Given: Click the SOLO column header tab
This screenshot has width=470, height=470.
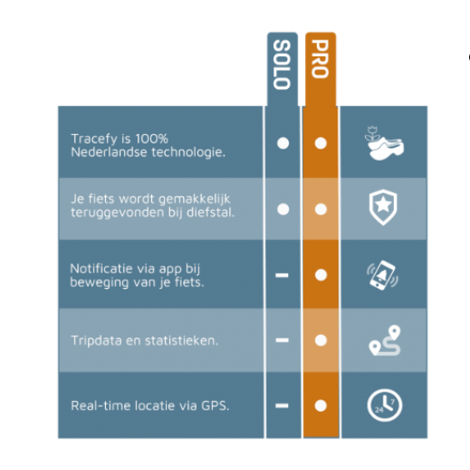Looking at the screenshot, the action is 282,69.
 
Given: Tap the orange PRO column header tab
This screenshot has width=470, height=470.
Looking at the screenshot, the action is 320,69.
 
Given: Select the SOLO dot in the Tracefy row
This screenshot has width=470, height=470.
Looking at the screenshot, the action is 283,143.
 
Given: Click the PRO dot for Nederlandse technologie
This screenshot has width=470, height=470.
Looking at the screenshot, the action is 320,143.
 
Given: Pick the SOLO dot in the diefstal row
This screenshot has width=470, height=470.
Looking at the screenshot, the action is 283,209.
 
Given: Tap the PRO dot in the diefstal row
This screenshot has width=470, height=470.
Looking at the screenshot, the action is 320,209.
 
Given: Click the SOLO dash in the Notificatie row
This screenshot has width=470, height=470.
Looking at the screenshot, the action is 282,275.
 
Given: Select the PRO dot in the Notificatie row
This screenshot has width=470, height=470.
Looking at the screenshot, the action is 320,275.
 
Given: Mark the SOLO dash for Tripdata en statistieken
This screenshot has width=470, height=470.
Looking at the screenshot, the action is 282,340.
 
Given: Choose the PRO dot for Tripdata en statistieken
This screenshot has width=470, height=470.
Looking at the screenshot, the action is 320,340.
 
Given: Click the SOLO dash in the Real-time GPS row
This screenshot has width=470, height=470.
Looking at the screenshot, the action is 282,406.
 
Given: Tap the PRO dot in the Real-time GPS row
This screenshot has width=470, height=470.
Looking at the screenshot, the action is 320,406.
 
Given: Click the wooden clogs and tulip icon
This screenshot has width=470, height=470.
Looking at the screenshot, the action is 384,144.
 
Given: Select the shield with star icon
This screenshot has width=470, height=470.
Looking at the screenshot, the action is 383,207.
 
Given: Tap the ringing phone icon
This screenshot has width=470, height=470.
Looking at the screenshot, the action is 383,275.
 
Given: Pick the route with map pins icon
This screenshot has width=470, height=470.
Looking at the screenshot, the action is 385,340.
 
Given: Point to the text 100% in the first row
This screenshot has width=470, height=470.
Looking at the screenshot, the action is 151,138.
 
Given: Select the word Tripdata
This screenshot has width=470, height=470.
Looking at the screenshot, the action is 97,341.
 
